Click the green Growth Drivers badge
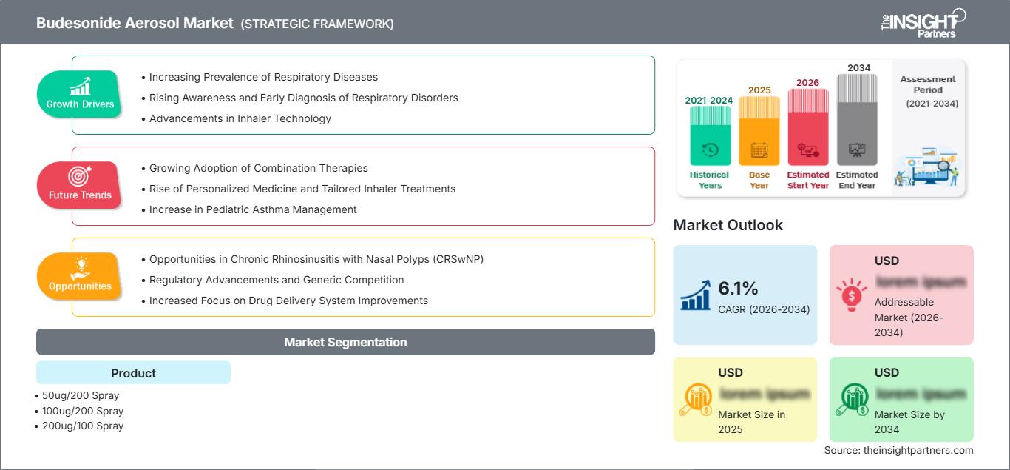(x=79, y=94)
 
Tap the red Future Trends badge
(x=79, y=184)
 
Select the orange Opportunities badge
(x=79, y=275)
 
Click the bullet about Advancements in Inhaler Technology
(x=240, y=118)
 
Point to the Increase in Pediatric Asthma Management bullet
(x=252, y=209)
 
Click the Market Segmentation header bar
(x=345, y=342)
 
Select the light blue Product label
(x=133, y=373)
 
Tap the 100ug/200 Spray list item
(x=79, y=411)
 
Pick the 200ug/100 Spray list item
(x=79, y=426)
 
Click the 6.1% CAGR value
(x=739, y=288)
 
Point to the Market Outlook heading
(x=728, y=225)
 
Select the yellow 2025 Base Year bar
(x=759, y=130)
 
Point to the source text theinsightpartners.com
(x=898, y=450)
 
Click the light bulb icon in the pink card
(x=852, y=295)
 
